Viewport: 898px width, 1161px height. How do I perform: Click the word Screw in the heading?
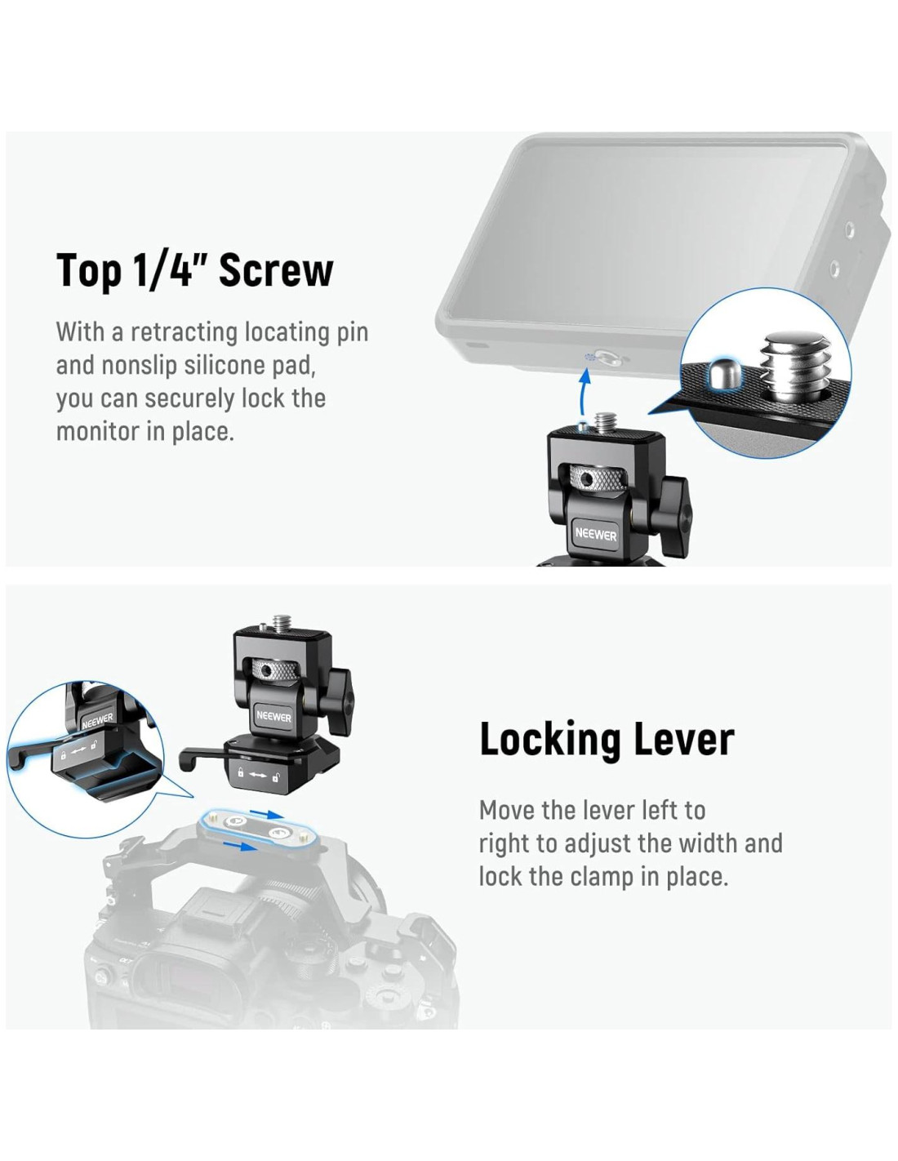pos(276,270)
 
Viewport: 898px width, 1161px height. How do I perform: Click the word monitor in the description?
pos(96,431)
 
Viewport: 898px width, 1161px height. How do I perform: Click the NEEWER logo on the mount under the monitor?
pos(595,534)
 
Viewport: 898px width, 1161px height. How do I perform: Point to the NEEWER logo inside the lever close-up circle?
pos(97,720)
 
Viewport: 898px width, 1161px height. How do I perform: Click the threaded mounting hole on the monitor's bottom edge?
pos(607,358)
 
